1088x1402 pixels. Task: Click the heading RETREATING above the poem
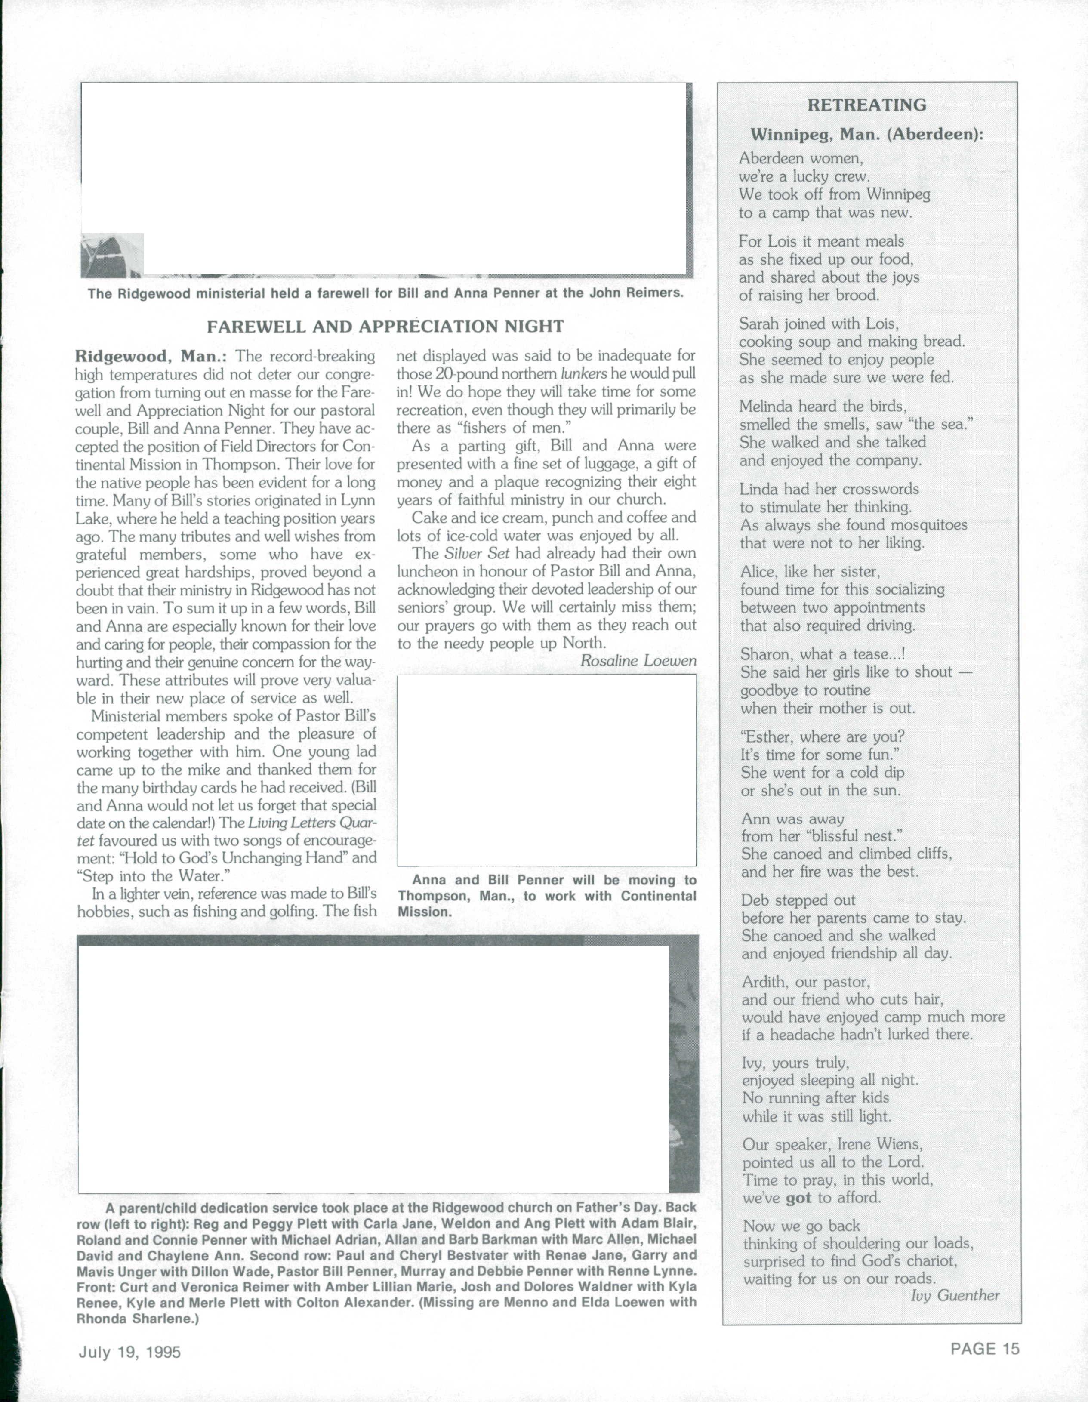pos(866,105)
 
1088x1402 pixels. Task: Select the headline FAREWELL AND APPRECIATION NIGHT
pos(385,327)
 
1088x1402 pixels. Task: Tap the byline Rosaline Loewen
pos(638,660)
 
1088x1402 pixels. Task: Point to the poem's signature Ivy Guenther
pos(955,1295)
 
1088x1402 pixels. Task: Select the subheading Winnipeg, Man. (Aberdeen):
pos(866,135)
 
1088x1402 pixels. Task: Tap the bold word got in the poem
pos(798,1198)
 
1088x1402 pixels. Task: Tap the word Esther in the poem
pos(767,737)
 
